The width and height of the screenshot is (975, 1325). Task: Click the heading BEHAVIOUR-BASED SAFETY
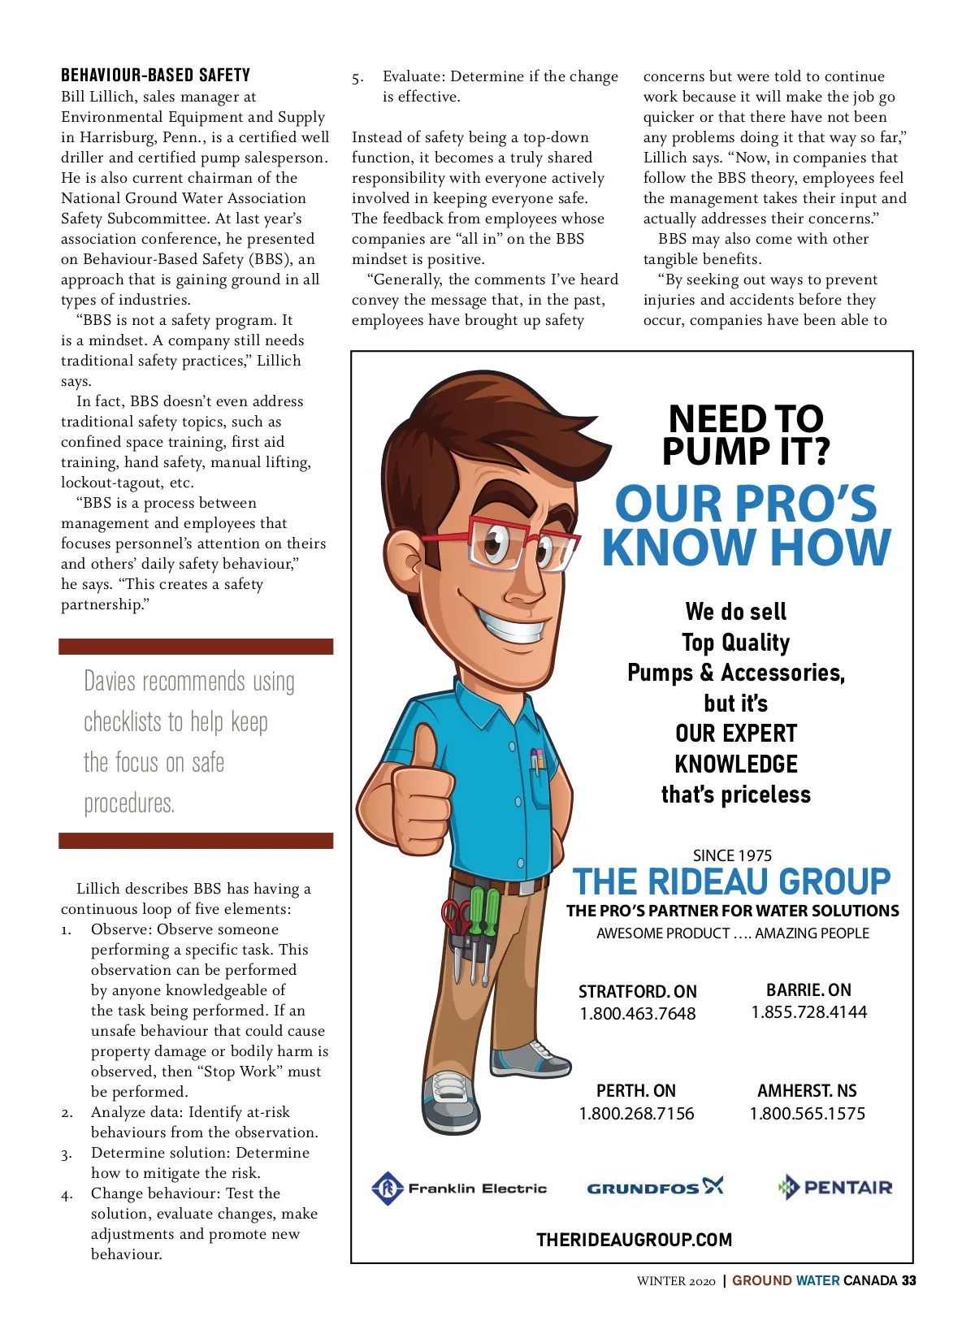point(155,76)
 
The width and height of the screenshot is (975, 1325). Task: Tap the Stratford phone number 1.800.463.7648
point(638,1014)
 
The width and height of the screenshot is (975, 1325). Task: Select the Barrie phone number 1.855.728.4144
point(808,1012)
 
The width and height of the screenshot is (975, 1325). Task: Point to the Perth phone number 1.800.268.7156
point(636,1114)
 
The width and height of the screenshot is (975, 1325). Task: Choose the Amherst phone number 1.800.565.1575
point(807,1114)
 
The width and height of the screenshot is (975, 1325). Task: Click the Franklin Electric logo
point(459,1189)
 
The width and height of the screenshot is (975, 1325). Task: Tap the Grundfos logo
point(655,1188)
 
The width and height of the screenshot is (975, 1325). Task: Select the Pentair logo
point(834,1188)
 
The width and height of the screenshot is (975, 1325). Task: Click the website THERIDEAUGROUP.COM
point(634,1240)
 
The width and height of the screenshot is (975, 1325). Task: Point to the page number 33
point(908,1281)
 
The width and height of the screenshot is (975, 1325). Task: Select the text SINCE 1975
point(732,855)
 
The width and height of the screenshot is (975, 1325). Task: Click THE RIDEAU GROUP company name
point(731,882)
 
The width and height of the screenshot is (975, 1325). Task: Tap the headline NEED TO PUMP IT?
point(745,435)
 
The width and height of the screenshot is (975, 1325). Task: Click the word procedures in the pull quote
point(129,803)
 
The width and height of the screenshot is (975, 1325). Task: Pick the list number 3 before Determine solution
point(66,1154)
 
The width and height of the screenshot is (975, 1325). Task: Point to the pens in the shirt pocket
point(537,759)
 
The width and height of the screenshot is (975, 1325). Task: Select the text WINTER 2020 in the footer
point(676,1281)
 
